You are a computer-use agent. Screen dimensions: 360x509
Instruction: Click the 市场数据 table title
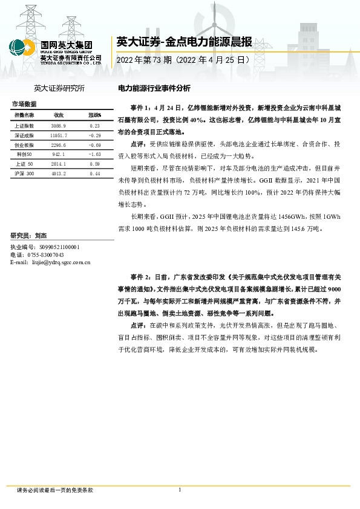pos(24,104)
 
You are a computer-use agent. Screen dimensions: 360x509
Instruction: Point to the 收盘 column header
pos(59,115)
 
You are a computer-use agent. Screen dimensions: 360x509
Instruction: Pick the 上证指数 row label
pos(25,126)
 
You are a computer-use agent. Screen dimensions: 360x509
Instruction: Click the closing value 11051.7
pos(59,137)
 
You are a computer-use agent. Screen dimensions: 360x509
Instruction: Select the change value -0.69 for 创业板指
pos(94,146)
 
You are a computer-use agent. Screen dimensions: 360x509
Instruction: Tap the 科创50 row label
pos(25,155)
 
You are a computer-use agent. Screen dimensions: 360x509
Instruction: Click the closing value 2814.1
pos(59,164)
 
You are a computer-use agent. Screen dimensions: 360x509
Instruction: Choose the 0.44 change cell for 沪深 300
pos(94,173)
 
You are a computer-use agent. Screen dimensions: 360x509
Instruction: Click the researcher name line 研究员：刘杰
pos(29,236)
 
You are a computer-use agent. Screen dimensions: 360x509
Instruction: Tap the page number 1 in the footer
pos(180,490)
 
